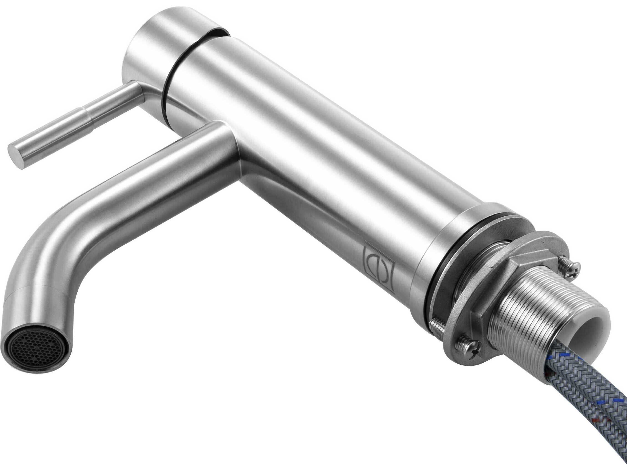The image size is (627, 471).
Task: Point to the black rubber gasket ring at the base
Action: (442, 281)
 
